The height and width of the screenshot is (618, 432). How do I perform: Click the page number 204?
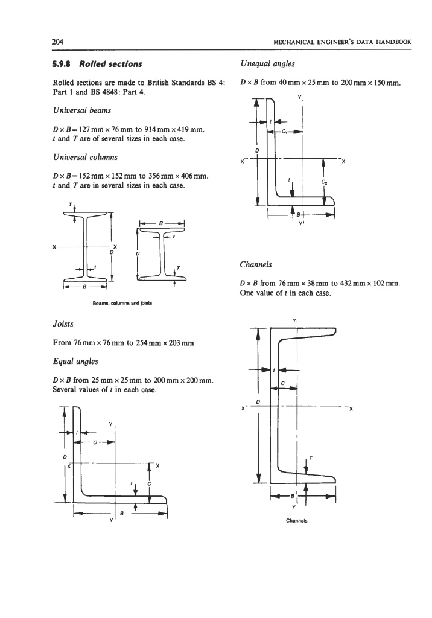coord(58,42)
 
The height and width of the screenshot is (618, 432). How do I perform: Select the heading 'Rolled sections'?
coord(110,64)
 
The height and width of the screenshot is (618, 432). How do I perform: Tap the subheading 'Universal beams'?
coord(82,110)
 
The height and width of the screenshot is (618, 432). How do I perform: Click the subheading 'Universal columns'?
coord(85,157)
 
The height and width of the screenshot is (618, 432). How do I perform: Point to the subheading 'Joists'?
coord(63,324)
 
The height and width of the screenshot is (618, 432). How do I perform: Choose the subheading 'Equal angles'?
coord(75,362)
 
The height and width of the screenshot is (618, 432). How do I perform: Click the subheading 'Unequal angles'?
coord(267,64)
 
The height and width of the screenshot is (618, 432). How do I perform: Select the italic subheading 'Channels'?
coord(256,264)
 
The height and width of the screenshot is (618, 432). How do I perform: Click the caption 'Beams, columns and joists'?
coord(122,304)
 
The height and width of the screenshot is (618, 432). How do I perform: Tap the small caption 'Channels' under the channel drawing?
coord(297,521)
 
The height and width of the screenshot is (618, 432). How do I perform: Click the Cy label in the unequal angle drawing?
coord(284,132)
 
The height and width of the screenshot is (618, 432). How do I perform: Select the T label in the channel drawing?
coord(311,457)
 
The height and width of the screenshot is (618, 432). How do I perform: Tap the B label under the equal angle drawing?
coord(122,514)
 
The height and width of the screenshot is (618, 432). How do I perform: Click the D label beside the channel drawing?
coord(258,401)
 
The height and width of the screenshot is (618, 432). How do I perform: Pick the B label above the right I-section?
coord(161,223)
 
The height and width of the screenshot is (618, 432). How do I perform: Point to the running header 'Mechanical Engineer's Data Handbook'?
coord(342,42)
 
